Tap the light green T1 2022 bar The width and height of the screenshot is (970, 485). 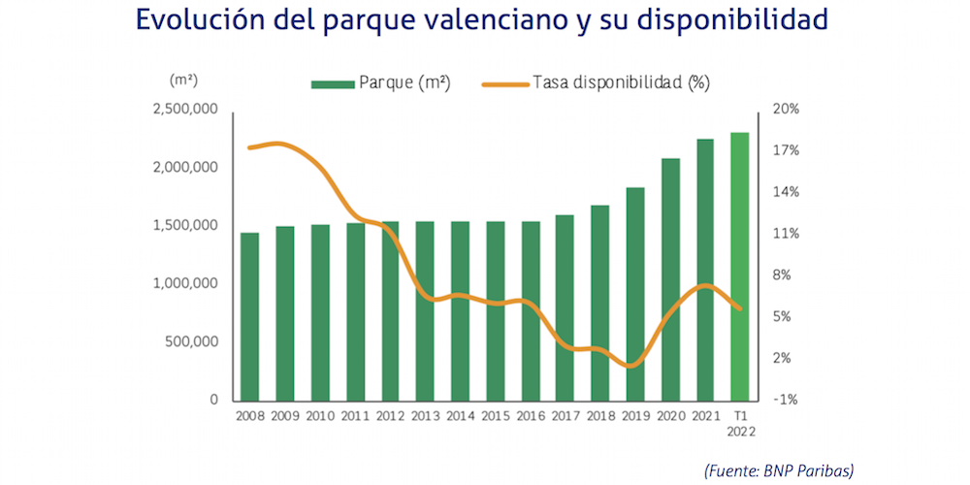tap(740, 267)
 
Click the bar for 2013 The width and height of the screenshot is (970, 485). tap(425, 311)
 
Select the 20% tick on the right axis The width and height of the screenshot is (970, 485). tap(787, 110)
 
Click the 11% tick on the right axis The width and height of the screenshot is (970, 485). tap(787, 234)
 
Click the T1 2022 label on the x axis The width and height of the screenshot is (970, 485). tap(740, 423)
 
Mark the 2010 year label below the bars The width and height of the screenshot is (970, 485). tap(320, 416)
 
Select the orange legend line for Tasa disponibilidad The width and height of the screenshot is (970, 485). tap(504, 83)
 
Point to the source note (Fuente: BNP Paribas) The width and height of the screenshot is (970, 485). tap(779, 470)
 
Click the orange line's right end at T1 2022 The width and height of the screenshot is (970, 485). tap(741, 309)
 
